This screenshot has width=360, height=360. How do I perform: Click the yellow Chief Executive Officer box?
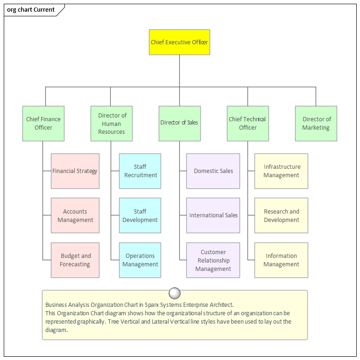tap(179, 42)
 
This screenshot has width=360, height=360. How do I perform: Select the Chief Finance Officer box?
tap(43, 123)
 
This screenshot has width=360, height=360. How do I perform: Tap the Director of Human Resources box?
tap(112, 123)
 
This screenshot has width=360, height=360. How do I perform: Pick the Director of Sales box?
tap(180, 123)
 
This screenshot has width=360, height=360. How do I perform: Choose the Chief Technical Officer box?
tap(248, 123)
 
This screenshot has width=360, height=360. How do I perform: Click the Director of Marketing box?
tap(316, 123)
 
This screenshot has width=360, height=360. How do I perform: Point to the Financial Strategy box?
tap(75, 171)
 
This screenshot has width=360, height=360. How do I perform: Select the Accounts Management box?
tap(75, 215)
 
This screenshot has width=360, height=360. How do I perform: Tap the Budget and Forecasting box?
tap(75, 260)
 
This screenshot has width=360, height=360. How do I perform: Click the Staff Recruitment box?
tap(140, 171)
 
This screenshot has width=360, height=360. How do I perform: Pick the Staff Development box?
tap(140, 215)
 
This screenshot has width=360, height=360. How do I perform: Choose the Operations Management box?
tap(140, 260)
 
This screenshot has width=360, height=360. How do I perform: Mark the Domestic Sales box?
tap(213, 171)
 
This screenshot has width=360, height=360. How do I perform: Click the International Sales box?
tap(213, 215)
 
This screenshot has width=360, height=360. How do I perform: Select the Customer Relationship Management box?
tap(213, 260)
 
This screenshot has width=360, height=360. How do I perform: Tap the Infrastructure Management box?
tap(281, 171)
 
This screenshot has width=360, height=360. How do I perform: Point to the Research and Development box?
tap(281, 215)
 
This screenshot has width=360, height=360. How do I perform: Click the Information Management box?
tap(281, 260)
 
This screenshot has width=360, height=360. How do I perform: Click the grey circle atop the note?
tap(175, 293)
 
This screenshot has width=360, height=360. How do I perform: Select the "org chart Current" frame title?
tap(31, 9)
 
